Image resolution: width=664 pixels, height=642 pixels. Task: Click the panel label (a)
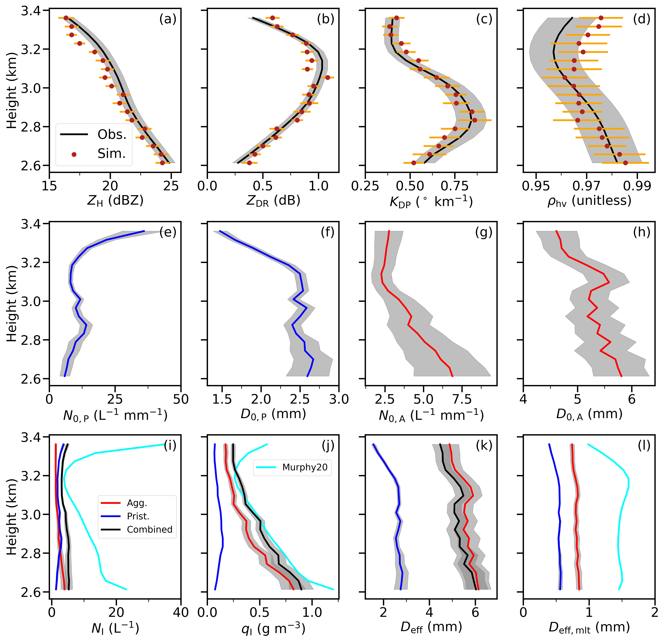tap(168, 19)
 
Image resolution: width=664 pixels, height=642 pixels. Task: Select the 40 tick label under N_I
tap(181, 612)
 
